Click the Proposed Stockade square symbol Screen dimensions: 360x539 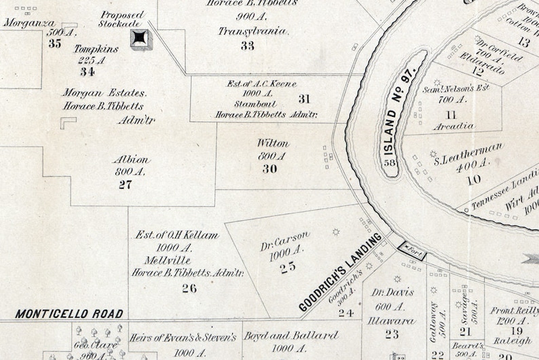tap(141, 39)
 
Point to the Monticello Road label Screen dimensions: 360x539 tap(69, 314)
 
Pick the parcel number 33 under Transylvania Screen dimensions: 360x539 tap(247, 46)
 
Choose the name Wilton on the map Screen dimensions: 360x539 tap(273, 144)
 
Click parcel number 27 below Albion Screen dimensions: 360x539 tap(124, 185)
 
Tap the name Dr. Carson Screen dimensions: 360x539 tap(285, 240)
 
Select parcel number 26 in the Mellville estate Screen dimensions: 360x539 tap(189, 288)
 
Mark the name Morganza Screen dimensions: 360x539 tap(28, 22)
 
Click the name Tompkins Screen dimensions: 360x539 tap(96, 49)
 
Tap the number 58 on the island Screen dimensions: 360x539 tap(390, 162)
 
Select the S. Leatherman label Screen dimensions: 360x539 tap(469, 154)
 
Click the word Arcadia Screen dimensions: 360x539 tap(451, 126)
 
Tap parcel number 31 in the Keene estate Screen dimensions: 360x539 tap(303, 99)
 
